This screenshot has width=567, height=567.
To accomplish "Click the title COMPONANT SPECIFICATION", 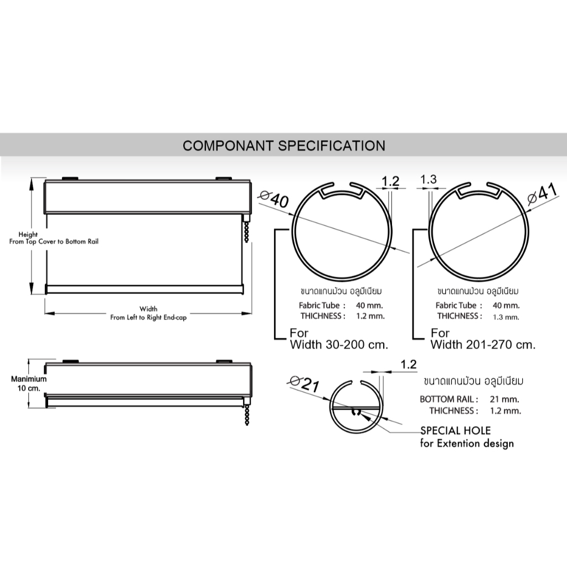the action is pyautogui.click(x=284, y=146).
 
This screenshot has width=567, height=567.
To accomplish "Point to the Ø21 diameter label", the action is pyautogui.click(x=305, y=384).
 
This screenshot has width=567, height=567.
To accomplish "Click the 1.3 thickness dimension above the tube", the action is pyautogui.click(x=429, y=179).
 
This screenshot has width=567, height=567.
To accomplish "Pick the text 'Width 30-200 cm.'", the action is pyautogui.click(x=339, y=344).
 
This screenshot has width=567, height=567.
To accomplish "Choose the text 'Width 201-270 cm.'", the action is pyautogui.click(x=483, y=344).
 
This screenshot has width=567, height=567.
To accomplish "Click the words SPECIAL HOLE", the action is pyautogui.click(x=455, y=430).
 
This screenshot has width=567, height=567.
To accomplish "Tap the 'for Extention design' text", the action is pyautogui.click(x=467, y=444).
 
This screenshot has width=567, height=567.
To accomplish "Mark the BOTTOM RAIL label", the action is pyautogui.click(x=449, y=399).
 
